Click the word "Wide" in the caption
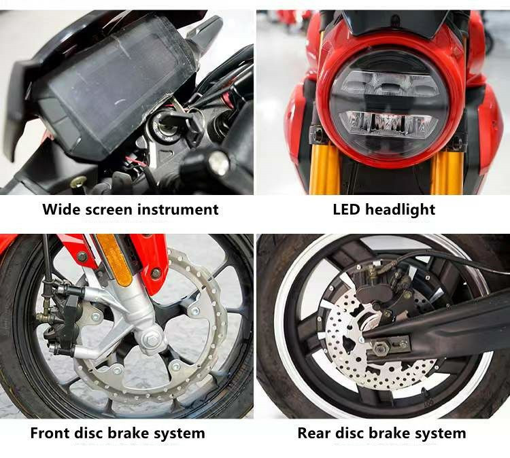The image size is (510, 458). point(61,209)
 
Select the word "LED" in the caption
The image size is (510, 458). point(346,209)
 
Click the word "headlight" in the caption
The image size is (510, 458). point(400,210)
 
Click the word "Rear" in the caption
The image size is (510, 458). point(313,434)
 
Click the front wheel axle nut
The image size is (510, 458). point(151,338)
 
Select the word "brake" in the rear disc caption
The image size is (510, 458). point(388,434)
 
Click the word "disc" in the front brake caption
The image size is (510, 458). point(88,434)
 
